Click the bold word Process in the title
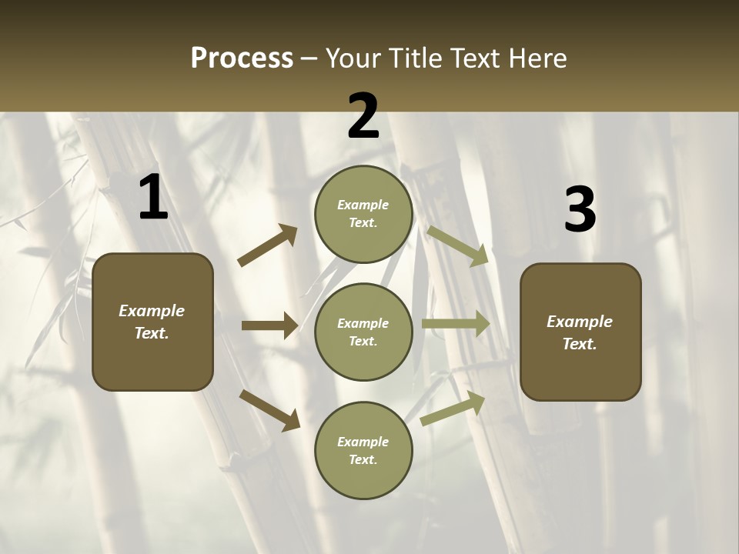242,58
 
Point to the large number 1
153,198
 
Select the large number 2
363,116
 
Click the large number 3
580,210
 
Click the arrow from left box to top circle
268,245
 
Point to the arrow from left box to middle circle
269,325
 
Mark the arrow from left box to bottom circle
269,409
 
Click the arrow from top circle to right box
457,245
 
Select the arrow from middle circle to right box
456,324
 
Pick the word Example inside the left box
152,311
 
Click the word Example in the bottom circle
363,442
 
